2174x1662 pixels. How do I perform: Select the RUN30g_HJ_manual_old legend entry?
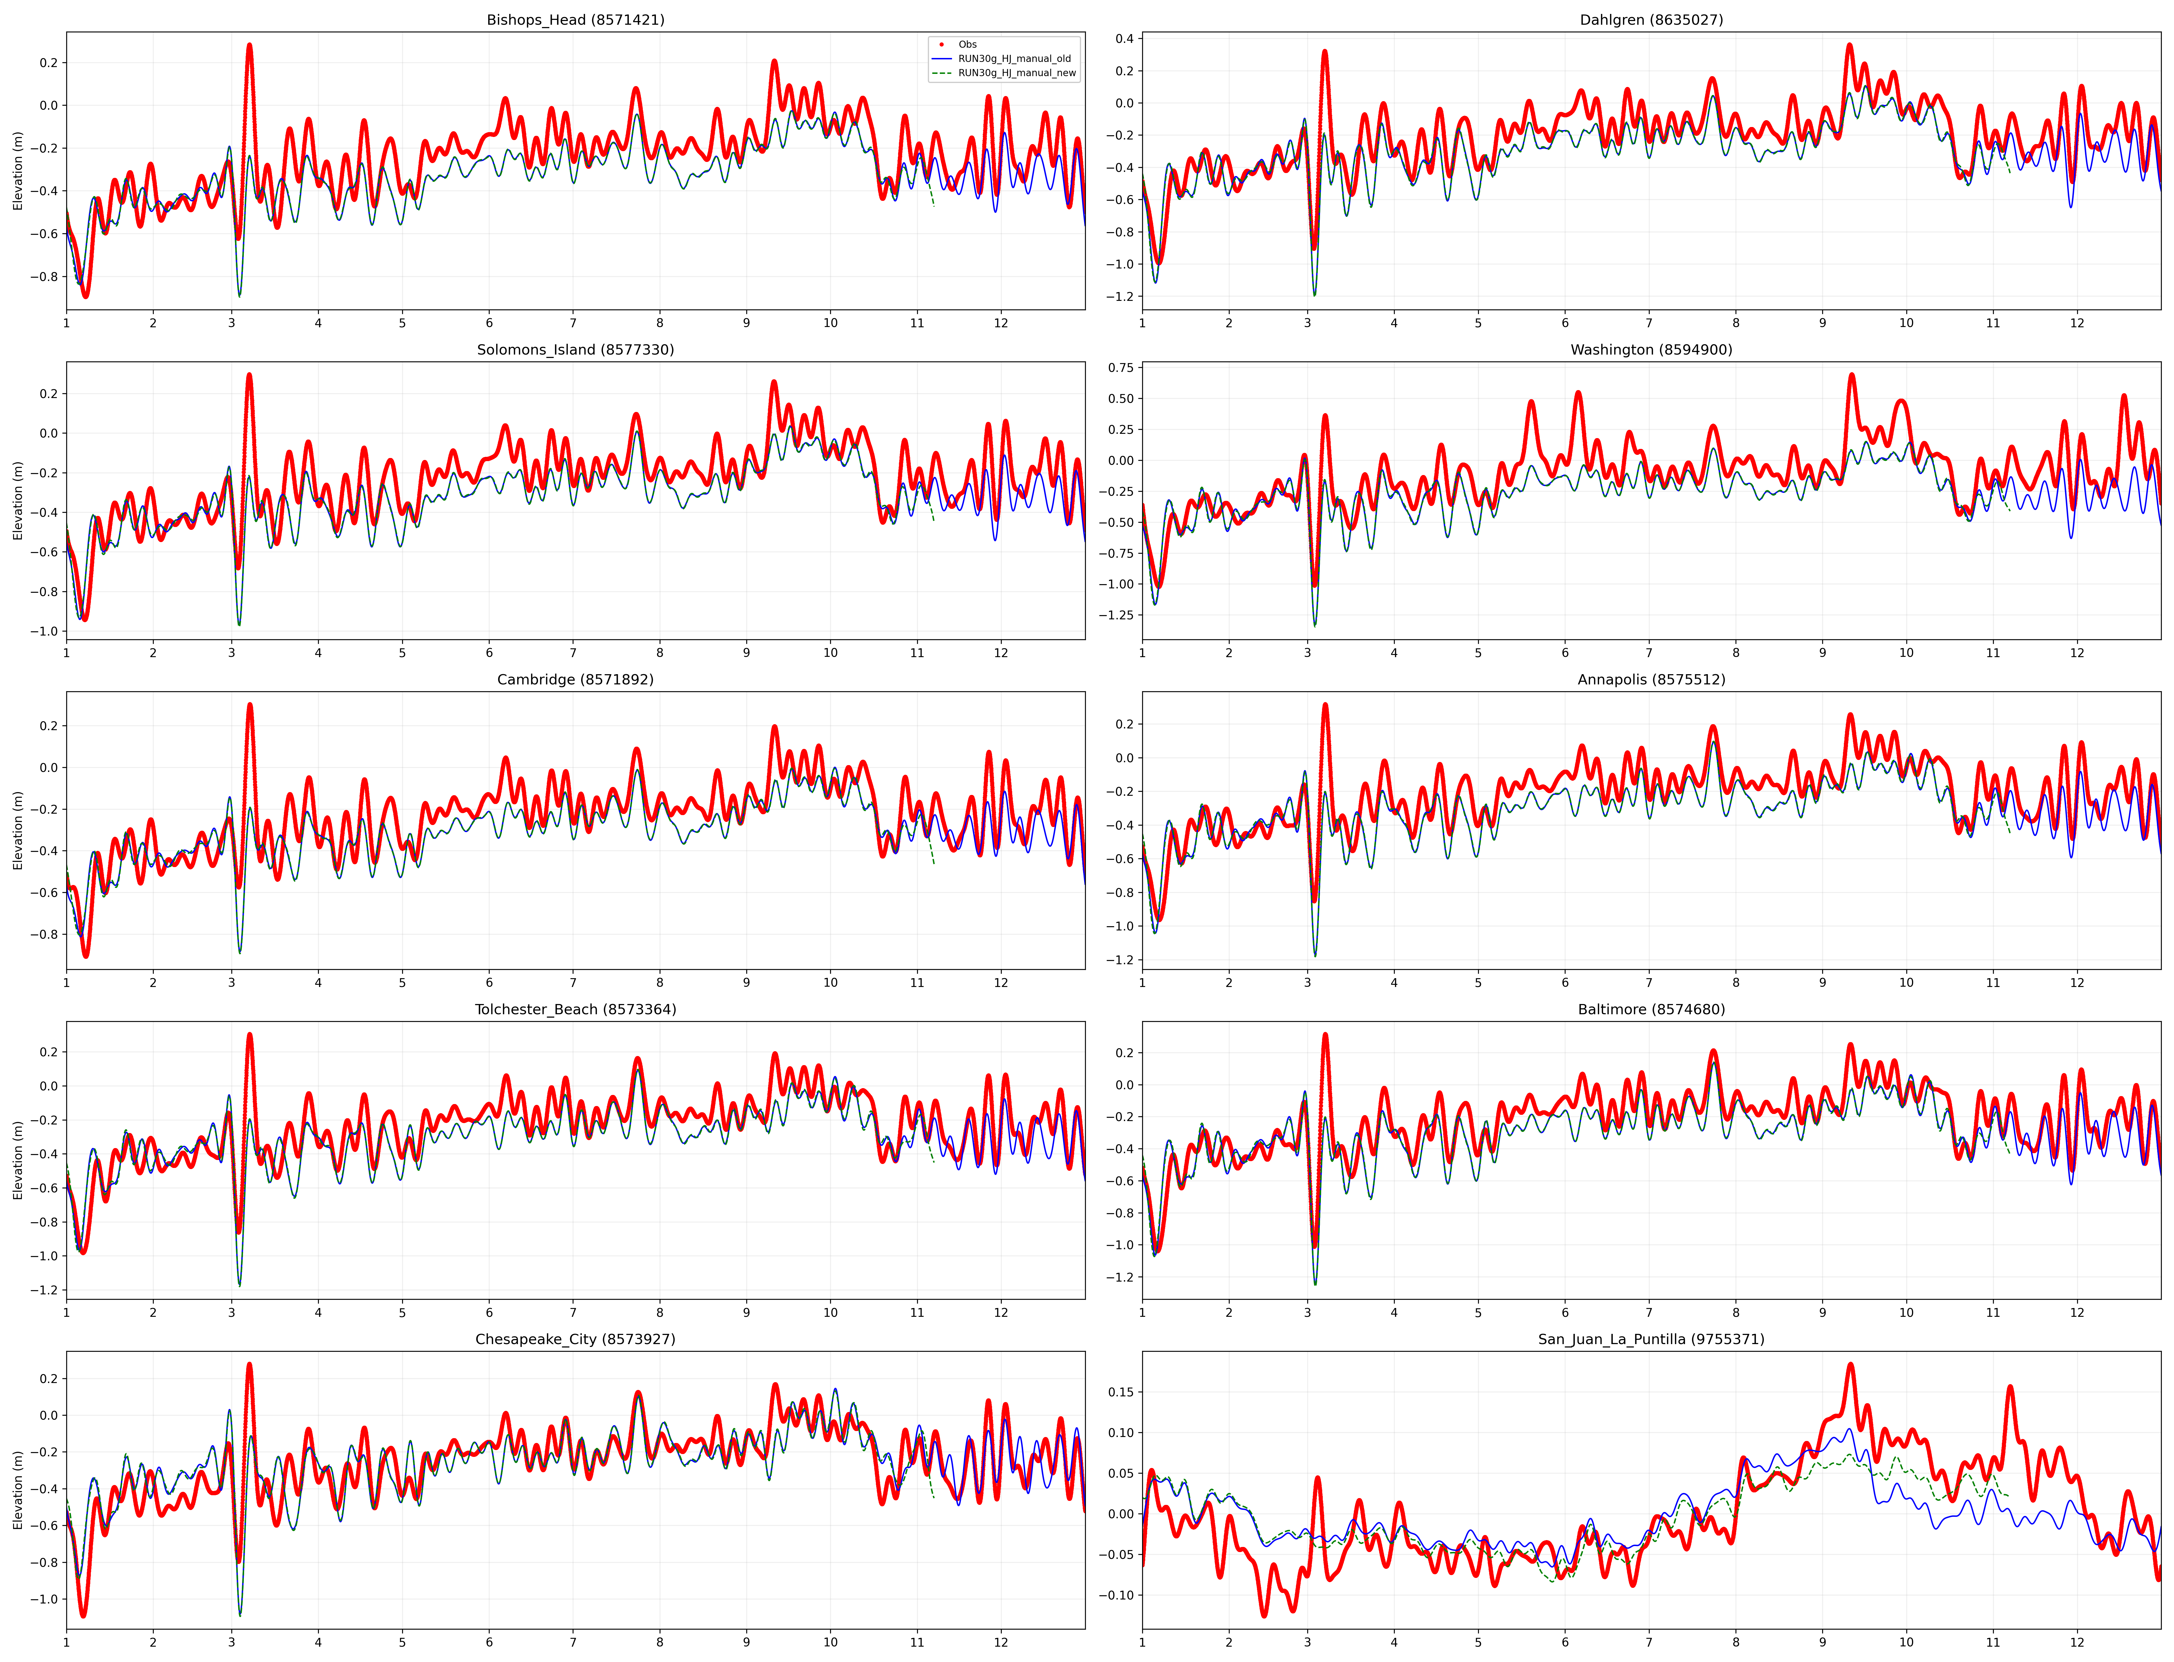(x=1013, y=58)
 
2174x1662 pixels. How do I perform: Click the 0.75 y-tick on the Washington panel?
(x=1120, y=368)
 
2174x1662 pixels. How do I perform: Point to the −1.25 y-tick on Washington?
(x=1116, y=615)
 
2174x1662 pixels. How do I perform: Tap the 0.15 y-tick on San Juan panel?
(x=1120, y=1392)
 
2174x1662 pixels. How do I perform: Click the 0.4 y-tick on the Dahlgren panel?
(x=1124, y=39)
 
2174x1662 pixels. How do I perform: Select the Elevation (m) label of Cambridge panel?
(x=18, y=830)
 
